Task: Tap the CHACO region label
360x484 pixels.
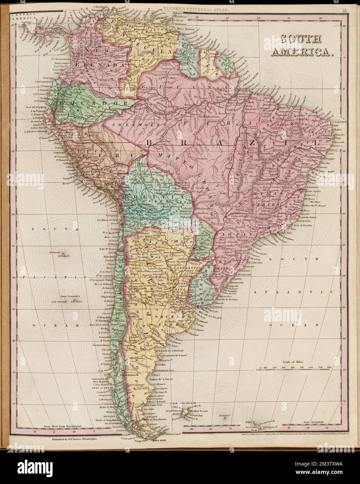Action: coord(179,242)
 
